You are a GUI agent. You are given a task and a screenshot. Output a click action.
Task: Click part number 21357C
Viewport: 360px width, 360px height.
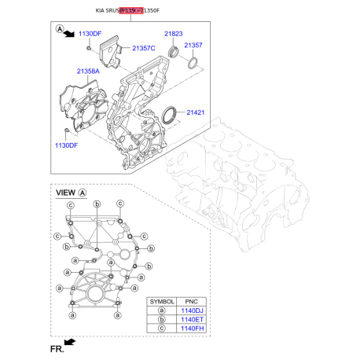[144, 49]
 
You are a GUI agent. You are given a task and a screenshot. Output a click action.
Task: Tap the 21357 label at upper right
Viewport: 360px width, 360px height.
[193, 46]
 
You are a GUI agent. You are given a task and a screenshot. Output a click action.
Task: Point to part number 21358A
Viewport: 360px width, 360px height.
[89, 72]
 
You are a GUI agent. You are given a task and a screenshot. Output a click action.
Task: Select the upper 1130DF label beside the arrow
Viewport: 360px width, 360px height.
[90, 35]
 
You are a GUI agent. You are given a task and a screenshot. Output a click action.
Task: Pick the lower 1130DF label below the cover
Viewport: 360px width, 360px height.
[68, 145]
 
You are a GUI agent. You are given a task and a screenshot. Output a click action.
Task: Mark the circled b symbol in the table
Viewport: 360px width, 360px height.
[162, 320]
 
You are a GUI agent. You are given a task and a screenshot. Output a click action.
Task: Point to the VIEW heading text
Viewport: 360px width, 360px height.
[65, 193]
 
